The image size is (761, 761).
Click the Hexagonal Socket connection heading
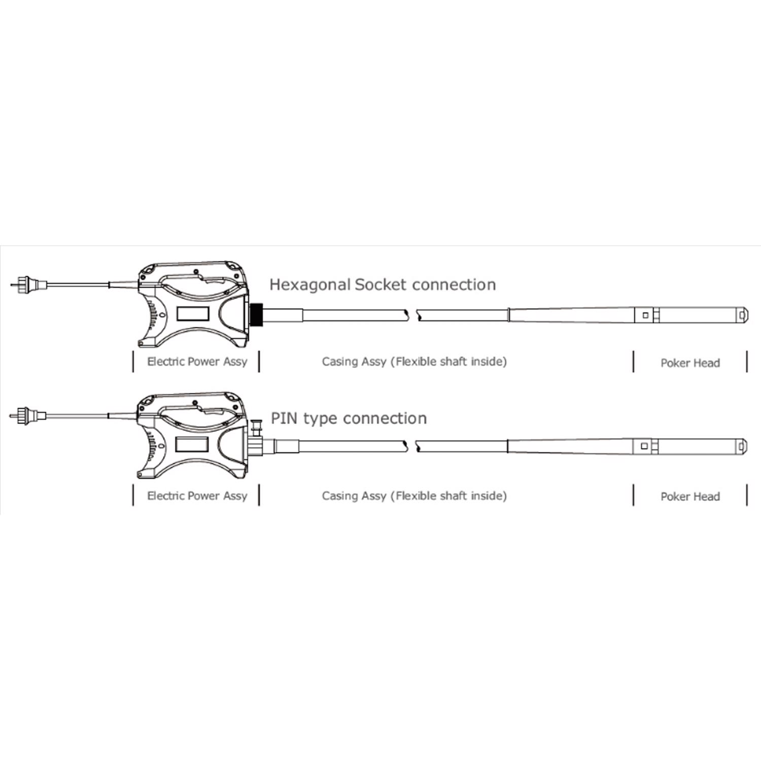[x=383, y=285]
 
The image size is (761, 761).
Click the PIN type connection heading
[x=349, y=419]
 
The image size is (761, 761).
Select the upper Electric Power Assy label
[x=197, y=362]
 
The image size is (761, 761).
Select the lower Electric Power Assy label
[x=197, y=496]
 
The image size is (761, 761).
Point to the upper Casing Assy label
[x=414, y=362]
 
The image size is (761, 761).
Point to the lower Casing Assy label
[x=414, y=496]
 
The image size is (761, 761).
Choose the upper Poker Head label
[x=690, y=363]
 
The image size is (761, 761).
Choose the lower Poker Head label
[x=690, y=497]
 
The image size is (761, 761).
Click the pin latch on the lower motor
[x=256, y=427]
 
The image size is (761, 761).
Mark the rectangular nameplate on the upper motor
[x=192, y=313]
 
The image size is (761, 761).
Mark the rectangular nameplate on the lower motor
[x=191, y=444]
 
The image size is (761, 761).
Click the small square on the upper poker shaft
[x=645, y=315]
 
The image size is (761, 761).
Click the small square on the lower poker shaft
[x=644, y=446]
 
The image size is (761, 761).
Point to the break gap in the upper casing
[x=412, y=315]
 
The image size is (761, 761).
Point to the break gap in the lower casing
[x=411, y=446]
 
